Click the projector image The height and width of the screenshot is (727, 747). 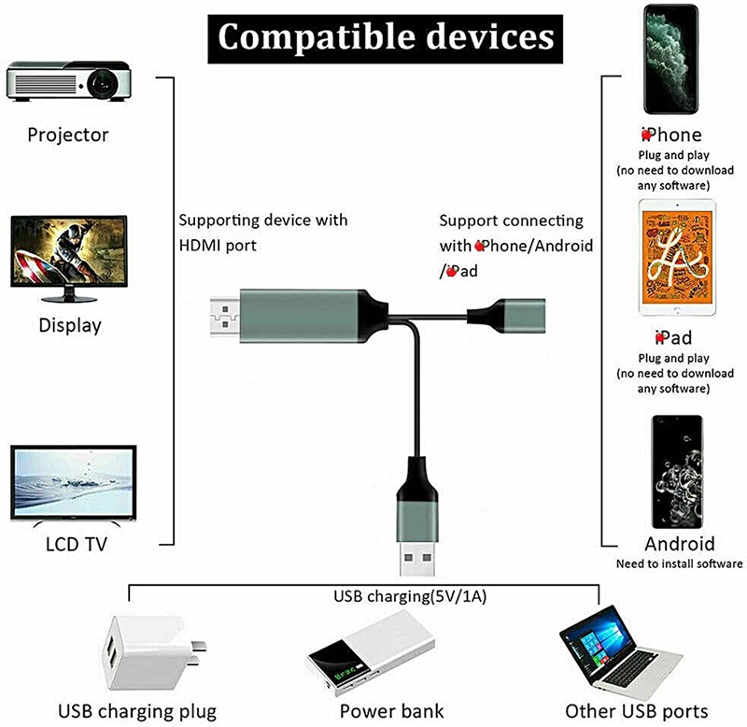(68, 81)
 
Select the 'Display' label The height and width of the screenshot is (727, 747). (70, 325)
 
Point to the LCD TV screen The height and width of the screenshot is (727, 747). (74, 482)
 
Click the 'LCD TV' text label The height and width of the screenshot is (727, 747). (77, 544)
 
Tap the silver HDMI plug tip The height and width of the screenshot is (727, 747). (225, 317)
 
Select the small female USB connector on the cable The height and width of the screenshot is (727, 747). (506, 315)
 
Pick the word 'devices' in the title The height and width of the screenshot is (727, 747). (491, 36)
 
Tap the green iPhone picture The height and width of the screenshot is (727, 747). (670, 59)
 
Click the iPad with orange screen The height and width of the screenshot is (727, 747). (677, 257)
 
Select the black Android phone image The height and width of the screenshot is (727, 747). (677, 472)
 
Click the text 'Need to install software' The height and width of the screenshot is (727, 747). (680, 564)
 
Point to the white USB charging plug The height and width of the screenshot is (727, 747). (152, 652)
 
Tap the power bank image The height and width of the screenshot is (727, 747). (371, 650)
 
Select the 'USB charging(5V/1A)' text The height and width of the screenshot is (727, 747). (410, 596)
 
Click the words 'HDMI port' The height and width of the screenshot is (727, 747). (218, 246)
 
